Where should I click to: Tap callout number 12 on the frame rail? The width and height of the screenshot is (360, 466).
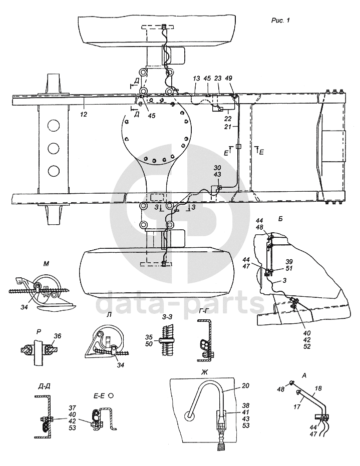coord(84,115)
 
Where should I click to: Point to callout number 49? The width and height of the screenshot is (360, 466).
coord(229,79)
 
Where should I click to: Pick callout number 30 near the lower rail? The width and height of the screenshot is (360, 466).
coord(217,168)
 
